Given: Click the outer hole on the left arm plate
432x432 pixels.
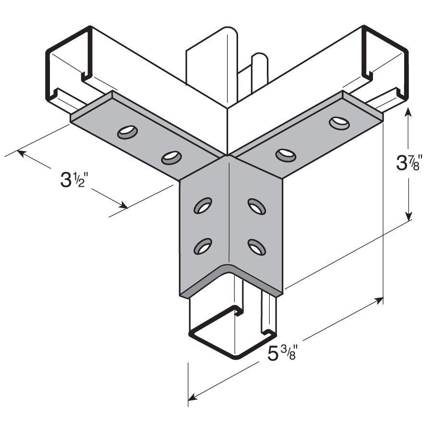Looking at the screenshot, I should (127, 131).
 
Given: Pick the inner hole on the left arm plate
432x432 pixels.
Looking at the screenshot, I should (171, 156).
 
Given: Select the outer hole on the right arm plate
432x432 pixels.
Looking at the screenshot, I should (339, 123).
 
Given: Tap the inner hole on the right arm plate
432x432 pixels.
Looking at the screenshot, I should (286, 155).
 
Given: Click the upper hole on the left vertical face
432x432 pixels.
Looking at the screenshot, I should (203, 205).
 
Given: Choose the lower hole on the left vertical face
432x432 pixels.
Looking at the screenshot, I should (203, 246).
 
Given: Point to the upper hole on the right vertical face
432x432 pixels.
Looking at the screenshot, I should (257, 206).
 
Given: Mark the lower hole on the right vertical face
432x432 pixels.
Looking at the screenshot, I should (257, 247).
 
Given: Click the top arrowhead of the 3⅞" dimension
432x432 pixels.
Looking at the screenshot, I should (408, 111).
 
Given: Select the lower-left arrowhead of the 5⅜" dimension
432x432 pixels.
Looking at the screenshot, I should (192, 397).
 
